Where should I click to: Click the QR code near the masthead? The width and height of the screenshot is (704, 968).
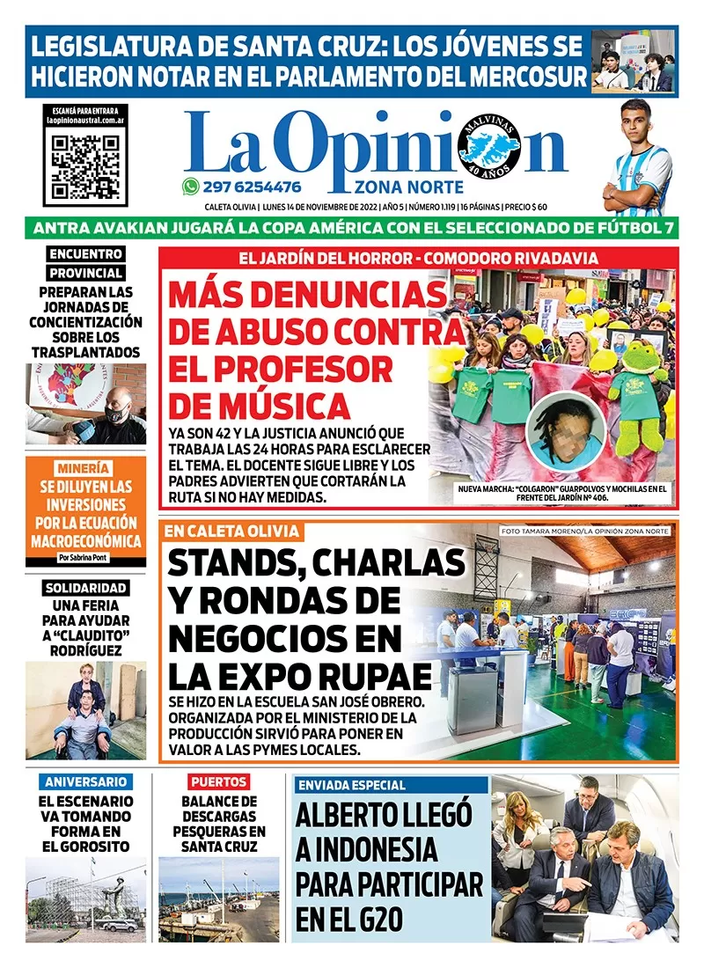pos(85,165)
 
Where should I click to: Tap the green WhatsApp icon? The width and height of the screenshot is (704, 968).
pos(190,187)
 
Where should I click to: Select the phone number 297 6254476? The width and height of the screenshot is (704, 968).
pos(253,187)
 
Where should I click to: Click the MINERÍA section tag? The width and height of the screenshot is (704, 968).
pos(85,467)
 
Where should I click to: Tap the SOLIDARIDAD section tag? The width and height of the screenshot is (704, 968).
pos(85,588)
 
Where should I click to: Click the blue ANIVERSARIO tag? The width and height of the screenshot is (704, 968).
pos(86,781)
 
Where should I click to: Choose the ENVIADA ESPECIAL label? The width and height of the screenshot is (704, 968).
pos(352,785)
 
